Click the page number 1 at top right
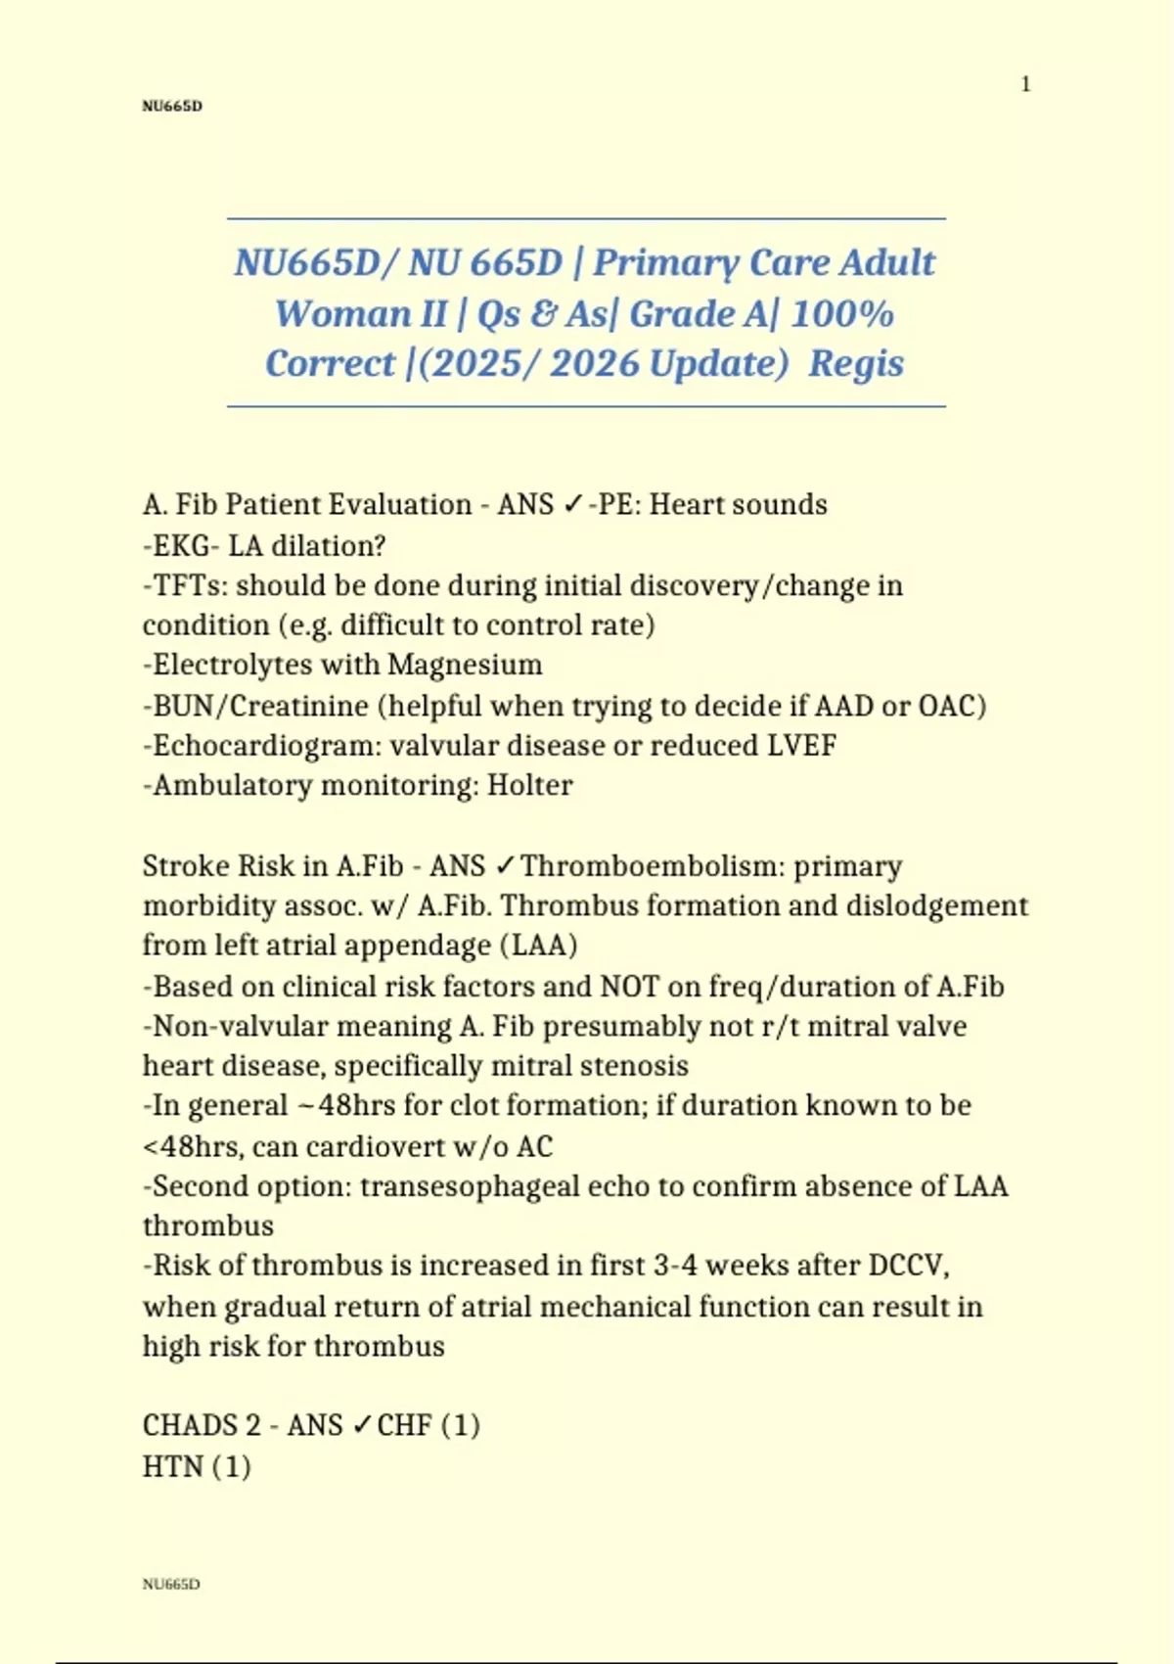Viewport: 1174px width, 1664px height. (1025, 84)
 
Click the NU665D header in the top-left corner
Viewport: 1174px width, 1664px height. (172, 106)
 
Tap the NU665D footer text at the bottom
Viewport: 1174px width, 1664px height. (171, 1584)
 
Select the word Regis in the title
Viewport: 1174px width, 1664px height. (856, 363)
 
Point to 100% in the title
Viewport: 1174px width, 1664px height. (842, 314)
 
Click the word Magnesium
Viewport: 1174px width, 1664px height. (465, 665)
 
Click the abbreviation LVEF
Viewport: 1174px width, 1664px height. (801, 746)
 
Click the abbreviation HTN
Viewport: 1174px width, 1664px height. (172, 1466)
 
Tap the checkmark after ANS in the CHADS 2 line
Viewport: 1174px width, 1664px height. (360, 1425)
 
